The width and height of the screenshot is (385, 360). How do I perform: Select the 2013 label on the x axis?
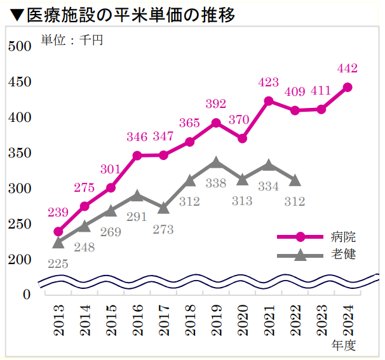point(58,321)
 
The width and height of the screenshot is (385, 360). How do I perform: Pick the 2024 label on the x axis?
point(348,321)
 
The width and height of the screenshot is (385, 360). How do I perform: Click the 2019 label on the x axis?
point(216,321)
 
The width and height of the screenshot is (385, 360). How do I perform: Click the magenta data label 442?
point(348,68)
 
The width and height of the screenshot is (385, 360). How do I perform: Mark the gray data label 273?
point(163,229)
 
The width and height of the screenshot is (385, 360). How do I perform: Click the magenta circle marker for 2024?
point(348,88)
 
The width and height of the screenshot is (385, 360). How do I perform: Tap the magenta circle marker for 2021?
point(269,101)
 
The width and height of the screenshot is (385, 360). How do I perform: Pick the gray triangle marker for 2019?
point(216,163)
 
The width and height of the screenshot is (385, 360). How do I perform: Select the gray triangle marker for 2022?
point(295,181)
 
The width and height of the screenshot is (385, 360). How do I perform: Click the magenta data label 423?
point(269,82)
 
